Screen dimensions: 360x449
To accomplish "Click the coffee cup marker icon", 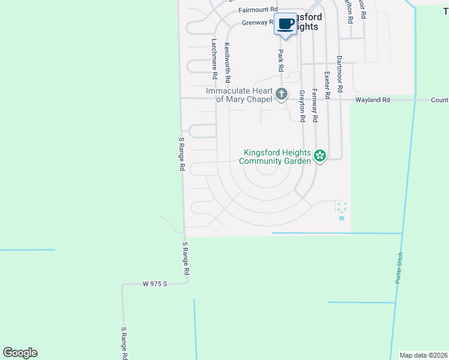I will point(285,25).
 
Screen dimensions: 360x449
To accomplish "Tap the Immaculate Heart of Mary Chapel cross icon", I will point(282,94).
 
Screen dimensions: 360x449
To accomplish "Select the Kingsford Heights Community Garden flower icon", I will point(320,157).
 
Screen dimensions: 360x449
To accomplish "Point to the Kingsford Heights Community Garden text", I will point(276,157).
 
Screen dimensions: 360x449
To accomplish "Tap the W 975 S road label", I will point(154,283).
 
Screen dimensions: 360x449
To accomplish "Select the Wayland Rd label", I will point(372,100).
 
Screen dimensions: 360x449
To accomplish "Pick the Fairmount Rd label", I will point(258,10).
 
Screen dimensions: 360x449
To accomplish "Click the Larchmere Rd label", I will point(214,59).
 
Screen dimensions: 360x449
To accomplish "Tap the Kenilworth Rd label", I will point(227,62).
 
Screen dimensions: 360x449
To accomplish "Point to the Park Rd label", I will point(280,61).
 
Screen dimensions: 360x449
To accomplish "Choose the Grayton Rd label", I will point(302,106).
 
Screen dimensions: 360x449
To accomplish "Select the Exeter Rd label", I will point(327,85).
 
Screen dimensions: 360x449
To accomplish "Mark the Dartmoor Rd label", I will point(339,74).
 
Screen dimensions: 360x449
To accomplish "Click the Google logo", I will point(20,353).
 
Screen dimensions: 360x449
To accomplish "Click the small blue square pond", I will point(342,218).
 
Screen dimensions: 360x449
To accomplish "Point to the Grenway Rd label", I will point(258,23).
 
